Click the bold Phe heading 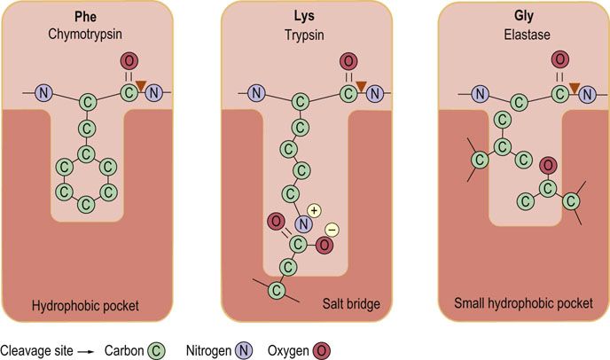click(x=86, y=16)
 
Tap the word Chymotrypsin click(x=85, y=35)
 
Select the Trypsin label click(x=304, y=35)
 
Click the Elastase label click(x=527, y=35)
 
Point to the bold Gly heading click(x=524, y=16)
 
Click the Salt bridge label click(x=351, y=303)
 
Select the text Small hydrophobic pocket click(x=523, y=303)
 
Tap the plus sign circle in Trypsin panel click(x=314, y=210)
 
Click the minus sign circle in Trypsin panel click(x=332, y=230)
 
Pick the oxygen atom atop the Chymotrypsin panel click(x=129, y=61)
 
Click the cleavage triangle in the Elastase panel click(x=575, y=88)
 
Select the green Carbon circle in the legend click(x=156, y=350)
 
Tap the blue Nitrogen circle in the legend click(x=244, y=350)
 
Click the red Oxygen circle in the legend click(x=321, y=350)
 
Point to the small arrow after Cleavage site click(x=86, y=352)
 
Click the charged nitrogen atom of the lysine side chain click(x=303, y=223)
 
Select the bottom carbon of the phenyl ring click(x=86, y=204)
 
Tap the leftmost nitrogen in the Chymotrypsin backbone click(x=43, y=92)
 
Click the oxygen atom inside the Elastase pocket click(x=548, y=166)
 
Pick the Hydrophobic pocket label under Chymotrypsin click(x=85, y=306)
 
